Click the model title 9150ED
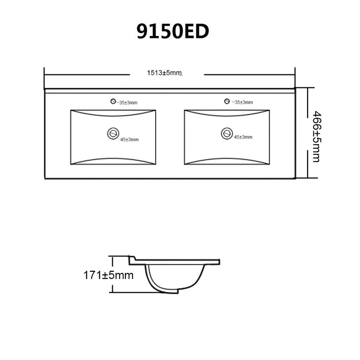[173, 32]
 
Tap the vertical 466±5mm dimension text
[315, 136]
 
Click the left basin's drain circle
[114, 132]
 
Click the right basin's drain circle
[226, 133]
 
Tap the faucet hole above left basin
[113, 101]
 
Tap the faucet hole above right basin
[226, 101]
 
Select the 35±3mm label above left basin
[128, 103]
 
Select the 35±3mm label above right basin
[242, 102]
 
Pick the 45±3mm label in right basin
[243, 137]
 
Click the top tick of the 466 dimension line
[307, 88]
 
